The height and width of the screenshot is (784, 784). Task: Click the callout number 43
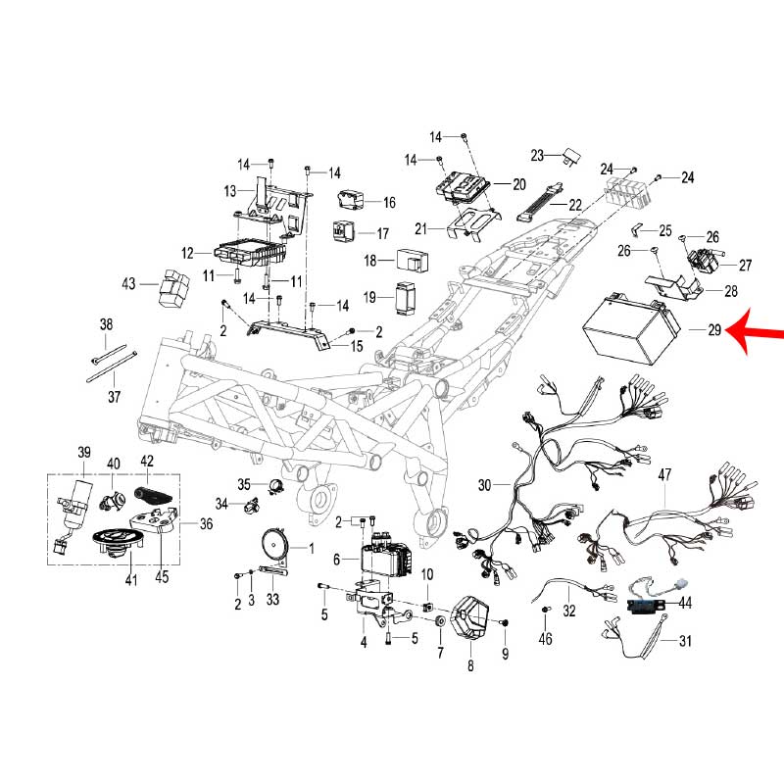[x=128, y=284]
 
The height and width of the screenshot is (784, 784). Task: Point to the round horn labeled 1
[x=270, y=543]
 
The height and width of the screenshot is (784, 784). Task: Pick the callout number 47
[x=665, y=475]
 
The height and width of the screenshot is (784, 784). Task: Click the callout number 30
[x=485, y=485]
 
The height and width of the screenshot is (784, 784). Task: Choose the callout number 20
[x=518, y=184]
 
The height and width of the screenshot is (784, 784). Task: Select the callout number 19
[x=370, y=297]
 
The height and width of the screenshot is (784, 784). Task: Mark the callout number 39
[x=84, y=452]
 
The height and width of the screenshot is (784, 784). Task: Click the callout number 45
[x=162, y=577]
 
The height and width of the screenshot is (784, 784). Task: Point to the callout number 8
[x=470, y=666]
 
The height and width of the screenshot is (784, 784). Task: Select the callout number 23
[x=538, y=156]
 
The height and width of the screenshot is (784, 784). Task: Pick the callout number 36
[x=206, y=524]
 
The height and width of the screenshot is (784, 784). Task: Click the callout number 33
[x=272, y=600]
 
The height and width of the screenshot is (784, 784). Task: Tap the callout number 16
[x=389, y=203]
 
